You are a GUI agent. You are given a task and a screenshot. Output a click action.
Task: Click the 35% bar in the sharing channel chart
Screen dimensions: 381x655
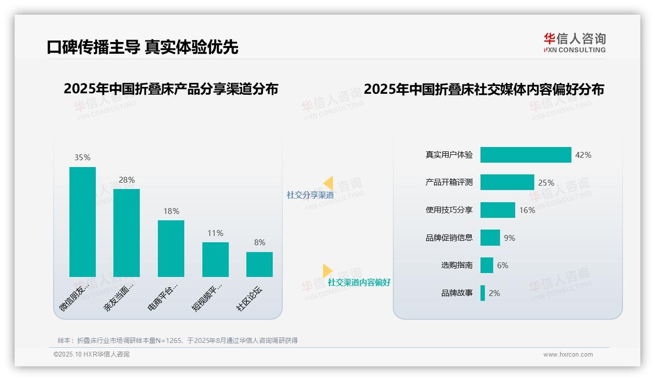click(83, 222)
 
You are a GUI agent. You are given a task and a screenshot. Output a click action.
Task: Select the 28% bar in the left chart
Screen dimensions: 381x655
click(127, 233)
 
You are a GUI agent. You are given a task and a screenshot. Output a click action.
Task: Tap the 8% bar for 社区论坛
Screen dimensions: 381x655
click(260, 264)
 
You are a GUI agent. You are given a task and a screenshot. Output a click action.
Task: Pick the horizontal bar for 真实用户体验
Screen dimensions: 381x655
click(525, 155)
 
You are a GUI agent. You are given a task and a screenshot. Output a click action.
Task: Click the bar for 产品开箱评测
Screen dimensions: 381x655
click(507, 182)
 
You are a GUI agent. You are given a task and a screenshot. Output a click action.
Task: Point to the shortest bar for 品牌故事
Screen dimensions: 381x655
click(482, 293)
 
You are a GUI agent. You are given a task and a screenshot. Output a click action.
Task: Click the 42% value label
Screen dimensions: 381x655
click(583, 155)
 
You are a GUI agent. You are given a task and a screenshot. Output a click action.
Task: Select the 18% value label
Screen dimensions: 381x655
click(171, 211)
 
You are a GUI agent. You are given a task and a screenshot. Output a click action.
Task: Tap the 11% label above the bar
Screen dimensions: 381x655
click(215, 233)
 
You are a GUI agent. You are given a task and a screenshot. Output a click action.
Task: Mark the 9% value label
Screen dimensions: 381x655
click(509, 238)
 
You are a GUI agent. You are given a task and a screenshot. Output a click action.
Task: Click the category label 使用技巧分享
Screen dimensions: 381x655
click(449, 210)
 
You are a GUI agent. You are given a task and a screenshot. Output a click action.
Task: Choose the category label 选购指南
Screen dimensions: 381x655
click(457, 265)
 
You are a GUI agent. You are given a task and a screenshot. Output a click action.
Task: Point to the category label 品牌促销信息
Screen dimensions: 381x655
click(449, 238)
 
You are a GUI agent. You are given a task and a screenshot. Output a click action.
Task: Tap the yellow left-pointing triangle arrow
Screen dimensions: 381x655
click(328, 183)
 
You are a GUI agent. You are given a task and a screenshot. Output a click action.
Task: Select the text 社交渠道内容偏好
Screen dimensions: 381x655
click(359, 282)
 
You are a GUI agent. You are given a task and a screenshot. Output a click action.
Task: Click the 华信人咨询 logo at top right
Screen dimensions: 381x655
click(574, 42)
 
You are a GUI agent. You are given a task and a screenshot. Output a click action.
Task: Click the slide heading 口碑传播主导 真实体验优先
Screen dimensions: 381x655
click(143, 47)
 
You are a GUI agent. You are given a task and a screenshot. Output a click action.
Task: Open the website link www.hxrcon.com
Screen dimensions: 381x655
click(568, 355)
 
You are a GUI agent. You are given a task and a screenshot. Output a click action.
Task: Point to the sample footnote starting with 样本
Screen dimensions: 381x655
click(177, 340)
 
